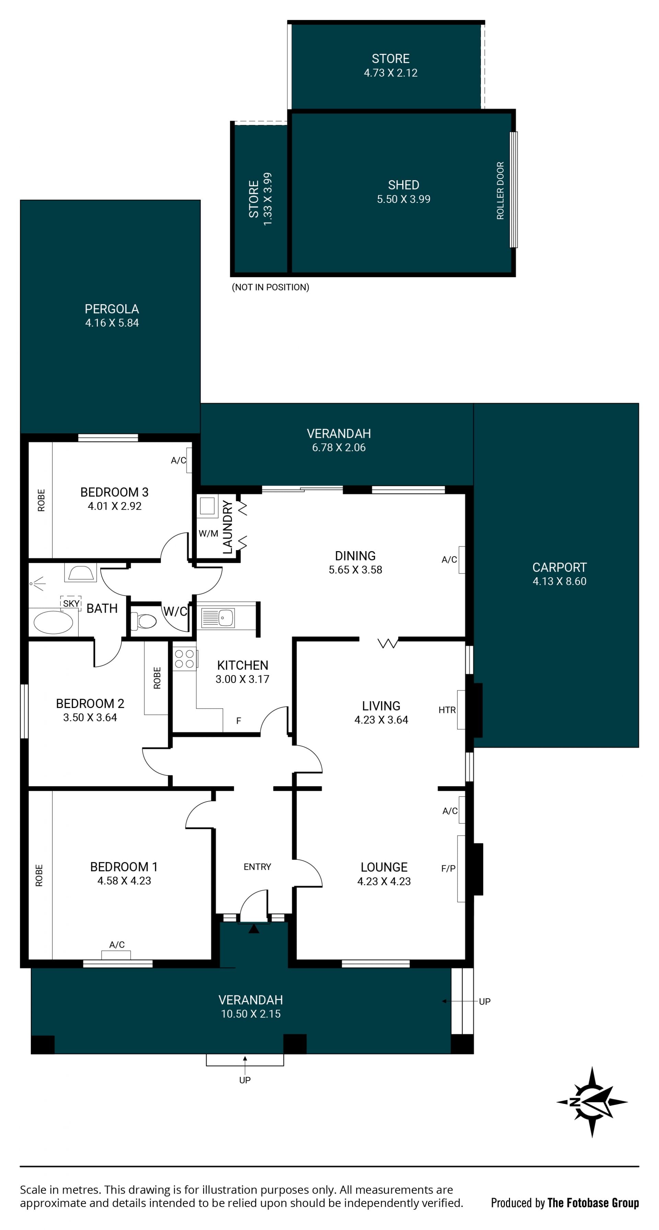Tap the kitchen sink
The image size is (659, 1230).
click(x=218, y=617)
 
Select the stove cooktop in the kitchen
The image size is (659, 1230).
click(x=184, y=659)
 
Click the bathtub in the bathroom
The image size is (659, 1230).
click(x=53, y=622)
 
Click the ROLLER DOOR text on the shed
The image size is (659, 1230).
click(x=500, y=191)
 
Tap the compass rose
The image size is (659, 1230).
click(x=592, y=1102)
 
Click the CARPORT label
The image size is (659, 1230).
click(x=559, y=567)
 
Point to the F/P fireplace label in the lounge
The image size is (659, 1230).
click(x=448, y=868)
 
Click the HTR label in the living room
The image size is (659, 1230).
click(x=447, y=710)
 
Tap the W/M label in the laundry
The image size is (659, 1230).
click(x=209, y=533)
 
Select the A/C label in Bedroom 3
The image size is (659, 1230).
click(x=178, y=460)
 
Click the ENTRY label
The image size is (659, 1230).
click(x=257, y=867)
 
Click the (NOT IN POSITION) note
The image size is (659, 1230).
click(x=270, y=287)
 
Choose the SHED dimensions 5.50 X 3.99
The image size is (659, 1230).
click(x=404, y=199)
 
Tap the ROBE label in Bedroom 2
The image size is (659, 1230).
click(x=157, y=678)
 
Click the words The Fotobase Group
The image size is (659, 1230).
click(x=593, y=1203)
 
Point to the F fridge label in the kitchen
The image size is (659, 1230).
click(x=239, y=720)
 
